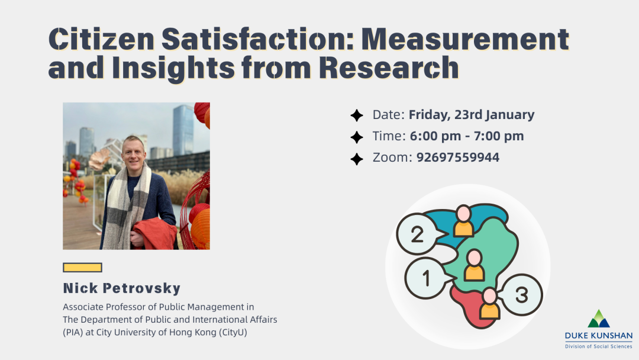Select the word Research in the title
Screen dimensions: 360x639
(x=389, y=68)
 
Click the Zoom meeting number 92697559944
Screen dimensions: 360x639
(x=457, y=157)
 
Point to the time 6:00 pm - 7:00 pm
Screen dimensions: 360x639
(x=466, y=136)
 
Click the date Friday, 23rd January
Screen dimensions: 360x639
(x=471, y=115)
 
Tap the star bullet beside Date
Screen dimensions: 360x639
(x=357, y=115)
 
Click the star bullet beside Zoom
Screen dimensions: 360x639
(x=357, y=158)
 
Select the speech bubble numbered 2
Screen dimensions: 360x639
(x=417, y=234)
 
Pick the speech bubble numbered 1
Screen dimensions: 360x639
(x=426, y=277)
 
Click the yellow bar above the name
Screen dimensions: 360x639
(x=82, y=268)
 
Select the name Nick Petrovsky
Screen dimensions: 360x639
(x=122, y=289)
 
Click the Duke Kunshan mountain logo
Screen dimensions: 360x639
(x=598, y=319)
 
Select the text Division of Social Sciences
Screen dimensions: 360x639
(x=598, y=346)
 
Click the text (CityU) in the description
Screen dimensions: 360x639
(x=233, y=332)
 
